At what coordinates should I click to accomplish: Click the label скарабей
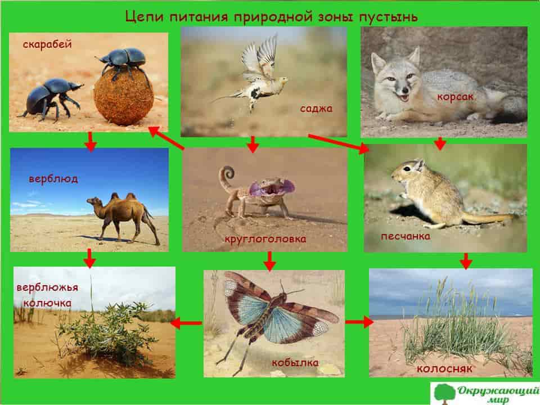47,44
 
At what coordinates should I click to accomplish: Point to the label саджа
316,109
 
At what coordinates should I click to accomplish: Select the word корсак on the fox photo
455,97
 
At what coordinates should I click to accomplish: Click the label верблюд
53,179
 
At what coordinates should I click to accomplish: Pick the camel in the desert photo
124,218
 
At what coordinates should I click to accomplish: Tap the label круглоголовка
265,238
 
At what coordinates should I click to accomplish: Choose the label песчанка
406,236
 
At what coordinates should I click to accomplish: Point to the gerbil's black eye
407,169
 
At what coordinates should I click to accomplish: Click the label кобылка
295,362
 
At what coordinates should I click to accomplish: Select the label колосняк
444,369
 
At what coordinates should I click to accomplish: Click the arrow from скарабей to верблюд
91,141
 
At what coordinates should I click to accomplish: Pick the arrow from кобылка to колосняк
359,322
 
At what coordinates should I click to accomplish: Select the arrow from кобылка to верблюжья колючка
186,323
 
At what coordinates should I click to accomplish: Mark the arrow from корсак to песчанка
440,143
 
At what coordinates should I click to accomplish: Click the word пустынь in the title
389,17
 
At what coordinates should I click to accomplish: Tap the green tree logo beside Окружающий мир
444,393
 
